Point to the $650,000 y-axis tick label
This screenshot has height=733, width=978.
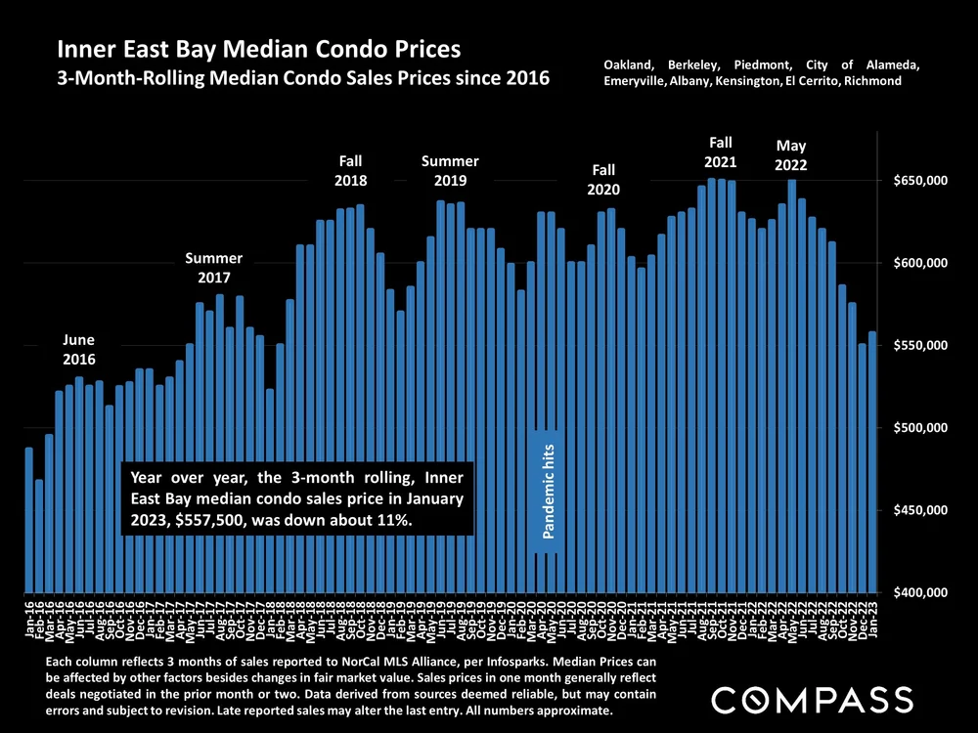pos(919,181)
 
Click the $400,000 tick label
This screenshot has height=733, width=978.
pos(919,592)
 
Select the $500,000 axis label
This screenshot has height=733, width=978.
pos(919,428)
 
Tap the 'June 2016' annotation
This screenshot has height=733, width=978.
pos(78,350)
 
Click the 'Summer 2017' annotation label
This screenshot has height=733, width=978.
pos(213,268)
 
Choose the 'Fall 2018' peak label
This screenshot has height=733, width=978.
pos(350,170)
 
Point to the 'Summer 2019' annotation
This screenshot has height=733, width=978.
pos(450,170)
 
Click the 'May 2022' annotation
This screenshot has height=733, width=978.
pos(791,155)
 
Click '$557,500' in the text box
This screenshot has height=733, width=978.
pos(211,521)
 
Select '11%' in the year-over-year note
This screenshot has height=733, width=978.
pos(396,521)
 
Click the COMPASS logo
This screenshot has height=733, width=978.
pos(811,699)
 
